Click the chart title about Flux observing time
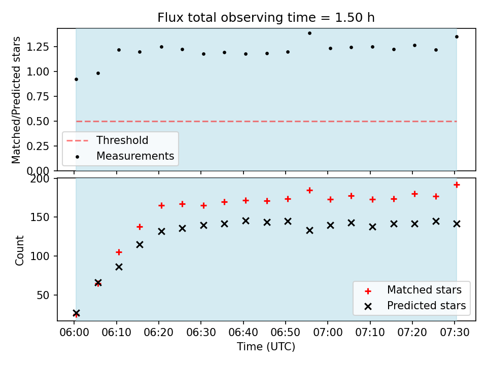click(266, 17)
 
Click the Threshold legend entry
click(122, 140)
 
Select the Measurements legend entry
click(135, 156)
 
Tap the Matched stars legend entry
click(424, 290)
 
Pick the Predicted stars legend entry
click(426, 306)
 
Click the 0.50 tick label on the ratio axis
click(38, 121)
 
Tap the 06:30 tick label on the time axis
click(201, 333)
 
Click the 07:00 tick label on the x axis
click(328, 333)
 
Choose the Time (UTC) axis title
click(266, 347)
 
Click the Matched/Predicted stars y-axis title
click(16, 100)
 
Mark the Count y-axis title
click(19, 250)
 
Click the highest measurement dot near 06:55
click(309, 33)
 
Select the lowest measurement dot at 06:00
click(77, 80)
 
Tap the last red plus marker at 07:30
click(457, 185)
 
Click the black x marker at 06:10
click(119, 267)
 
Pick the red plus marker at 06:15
click(140, 227)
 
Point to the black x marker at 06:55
click(309, 231)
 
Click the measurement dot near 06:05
click(98, 74)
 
